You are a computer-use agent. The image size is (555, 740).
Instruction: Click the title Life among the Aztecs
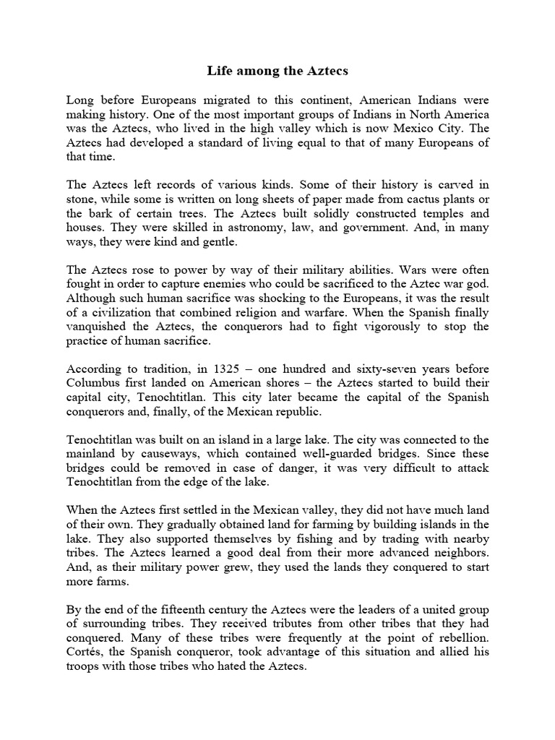pyautogui.click(x=277, y=72)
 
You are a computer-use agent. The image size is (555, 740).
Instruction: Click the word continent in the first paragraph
pyautogui.click(x=298, y=100)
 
